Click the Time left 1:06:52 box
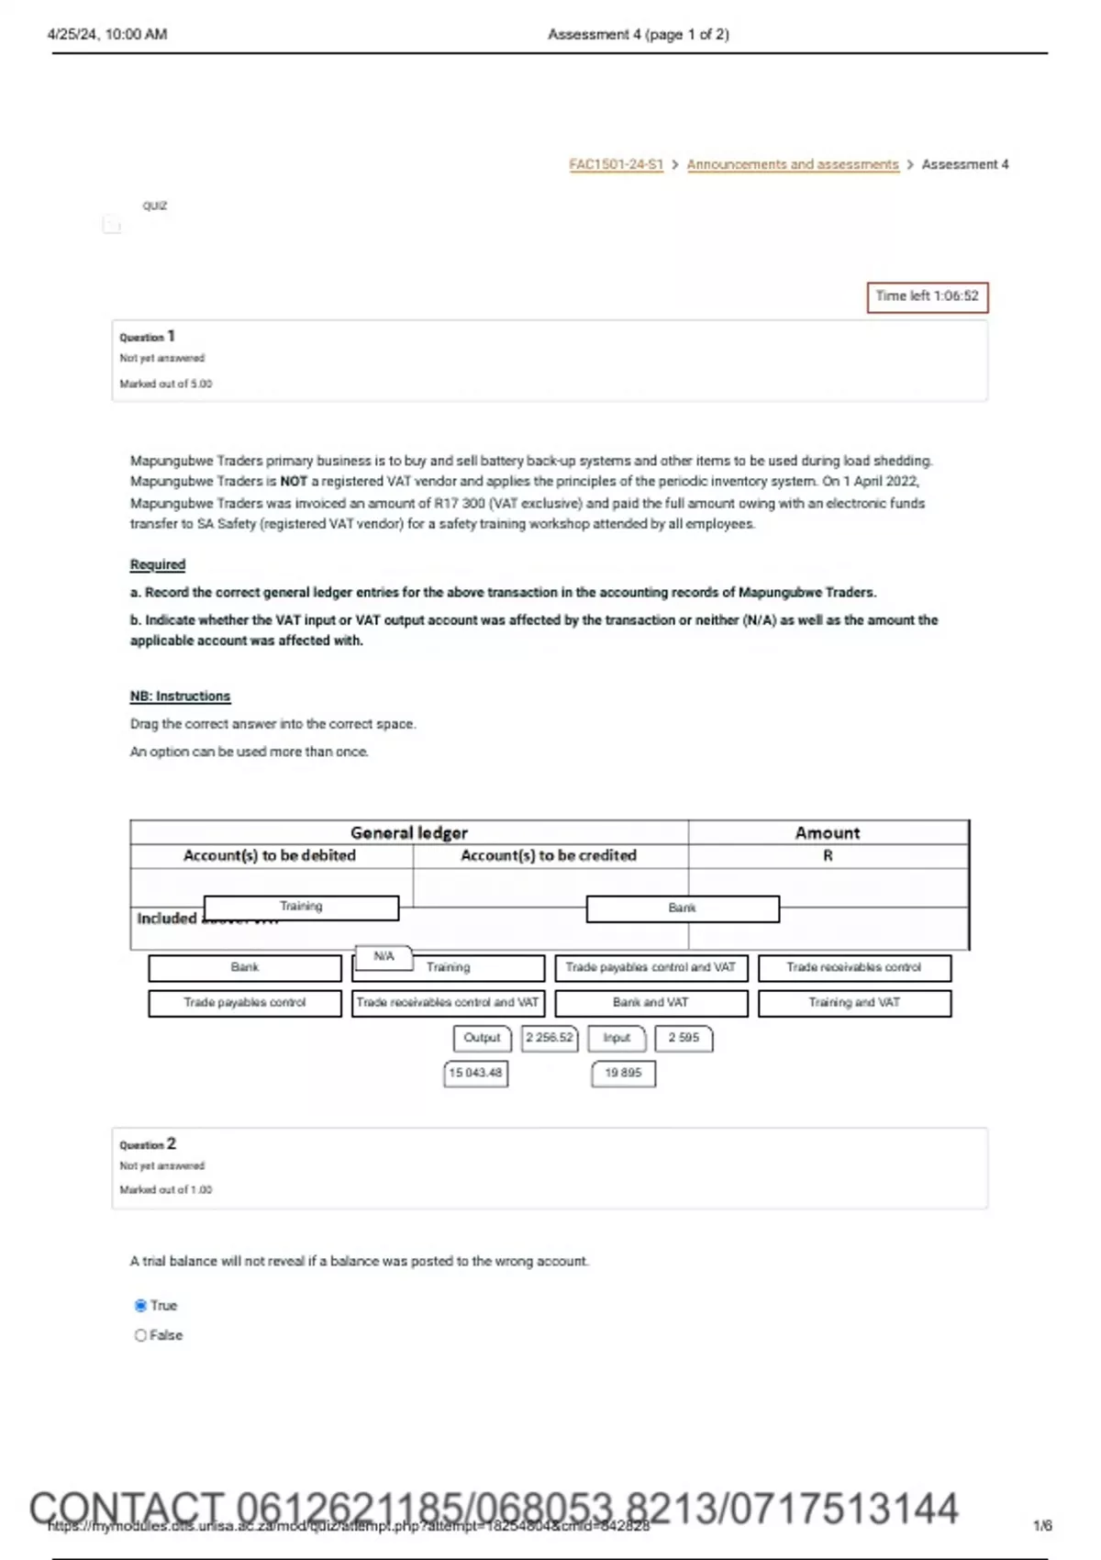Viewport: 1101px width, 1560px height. (x=927, y=296)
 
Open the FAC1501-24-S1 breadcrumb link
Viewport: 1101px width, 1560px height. (x=616, y=164)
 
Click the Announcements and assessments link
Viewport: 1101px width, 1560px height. (x=793, y=164)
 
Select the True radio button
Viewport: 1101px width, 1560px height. (x=140, y=1305)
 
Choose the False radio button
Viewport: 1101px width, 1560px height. (x=140, y=1335)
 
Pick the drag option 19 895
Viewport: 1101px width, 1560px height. (x=623, y=1073)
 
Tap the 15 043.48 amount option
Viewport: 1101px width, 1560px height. (x=475, y=1073)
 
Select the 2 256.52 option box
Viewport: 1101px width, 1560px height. (x=549, y=1038)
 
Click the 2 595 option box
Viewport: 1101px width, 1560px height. (x=684, y=1038)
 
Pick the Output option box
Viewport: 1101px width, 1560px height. (x=482, y=1038)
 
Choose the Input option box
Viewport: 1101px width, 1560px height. (x=617, y=1038)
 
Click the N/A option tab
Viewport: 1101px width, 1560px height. (x=384, y=956)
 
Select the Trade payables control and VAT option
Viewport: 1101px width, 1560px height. (x=651, y=967)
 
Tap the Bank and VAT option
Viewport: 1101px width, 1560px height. (x=651, y=1003)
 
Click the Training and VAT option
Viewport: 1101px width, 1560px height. (x=854, y=1003)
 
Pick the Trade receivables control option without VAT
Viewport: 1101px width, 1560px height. (x=854, y=967)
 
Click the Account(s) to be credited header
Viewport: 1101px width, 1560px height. (x=548, y=855)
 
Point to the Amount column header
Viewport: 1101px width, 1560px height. (x=827, y=832)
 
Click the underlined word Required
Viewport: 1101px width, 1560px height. (x=158, y=564)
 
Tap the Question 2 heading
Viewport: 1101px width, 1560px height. (x=148, y=1144)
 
